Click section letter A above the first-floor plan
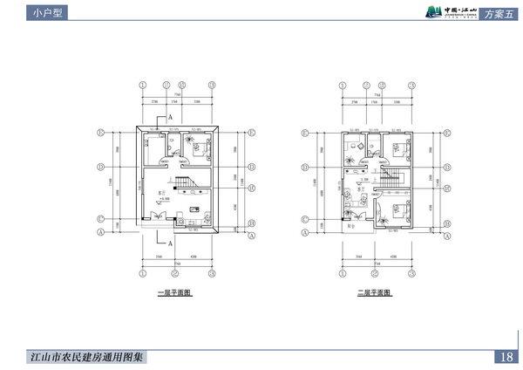(x=169, y=117)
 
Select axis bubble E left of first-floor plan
(x=102, y=134)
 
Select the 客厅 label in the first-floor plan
(x=161, y=190)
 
